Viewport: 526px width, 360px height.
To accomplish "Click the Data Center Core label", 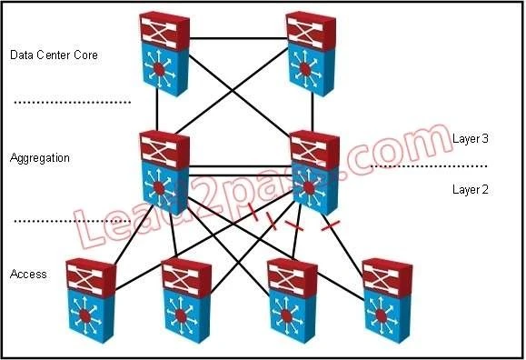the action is [x=53, y=55].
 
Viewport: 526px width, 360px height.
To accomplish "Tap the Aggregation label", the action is [x=39, y=158].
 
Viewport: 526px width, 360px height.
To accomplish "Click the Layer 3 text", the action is [x=471, y=138].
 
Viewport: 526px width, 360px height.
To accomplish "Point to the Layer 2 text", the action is [x=471, y=189].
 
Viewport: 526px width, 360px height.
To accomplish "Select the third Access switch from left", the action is [x=297, y=300].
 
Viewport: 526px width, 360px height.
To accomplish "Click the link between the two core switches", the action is [x=238, y=40].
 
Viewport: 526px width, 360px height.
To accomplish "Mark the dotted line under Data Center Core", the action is [x=73, y=103].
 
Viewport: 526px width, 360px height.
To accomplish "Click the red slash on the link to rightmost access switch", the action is [x=334, y=222].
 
